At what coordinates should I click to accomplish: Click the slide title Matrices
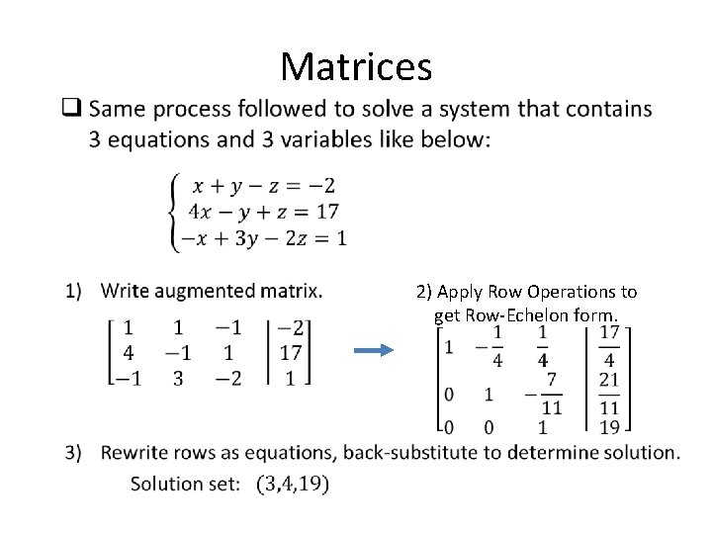pos(356,66)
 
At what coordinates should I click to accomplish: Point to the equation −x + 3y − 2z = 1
pos(259,236)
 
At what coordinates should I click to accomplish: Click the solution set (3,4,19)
pos(292,485)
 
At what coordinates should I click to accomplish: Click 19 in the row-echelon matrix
pos(610,427)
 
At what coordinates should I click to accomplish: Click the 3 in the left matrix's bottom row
pos(177,377)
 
